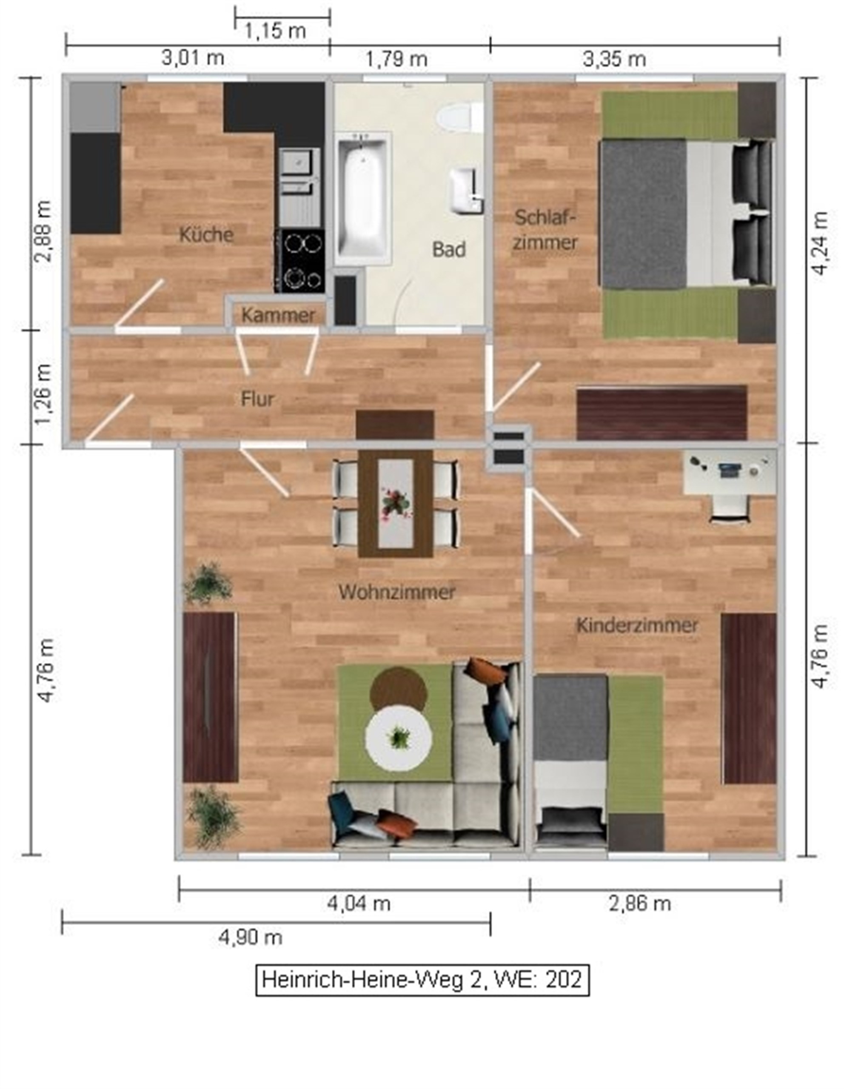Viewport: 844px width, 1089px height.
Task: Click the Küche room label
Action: pyautogui.click(x=206, y=234)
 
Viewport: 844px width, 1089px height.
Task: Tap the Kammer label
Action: pyautogui.click(x=278, y=315)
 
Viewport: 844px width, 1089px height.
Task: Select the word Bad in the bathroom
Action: pyautogui.click(x=449, y=249)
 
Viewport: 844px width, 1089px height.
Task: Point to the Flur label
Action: pyautogui.click(x=257, y=399)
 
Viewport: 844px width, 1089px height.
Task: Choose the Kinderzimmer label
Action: pyautogui.click(x=637, y=625)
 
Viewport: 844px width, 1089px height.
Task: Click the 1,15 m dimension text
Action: pyautogui.click(x=275, y=31)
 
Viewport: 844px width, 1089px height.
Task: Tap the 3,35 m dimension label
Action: pyautogui.click(x=614, y=59)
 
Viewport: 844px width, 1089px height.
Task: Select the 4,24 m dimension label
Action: pyautogui.click(x=820, y=242)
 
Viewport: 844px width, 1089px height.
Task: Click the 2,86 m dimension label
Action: pyautogui.click(x=640, y=903)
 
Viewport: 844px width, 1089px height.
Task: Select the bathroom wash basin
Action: pyautogui.click(x=466, y=191)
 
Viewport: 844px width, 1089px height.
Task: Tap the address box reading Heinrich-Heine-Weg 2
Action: pyautogui.click(x=422, y=980)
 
